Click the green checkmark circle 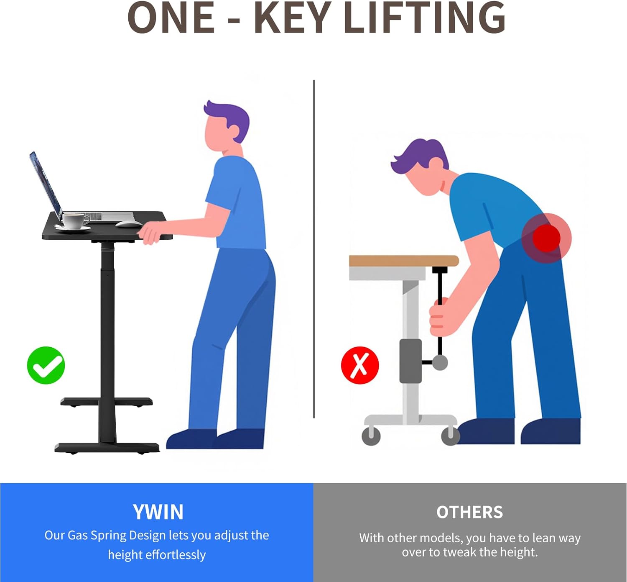tap(46, 365)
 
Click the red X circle tap(360, 365)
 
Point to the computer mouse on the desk tap(129, 224)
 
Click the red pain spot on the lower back tap(546, 238)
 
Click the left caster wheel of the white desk tap(371, 436)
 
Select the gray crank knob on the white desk tap(440, 362)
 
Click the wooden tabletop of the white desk tap(404, 261)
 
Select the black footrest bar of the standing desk tap(107, 402)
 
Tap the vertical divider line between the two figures tap(314, 249)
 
